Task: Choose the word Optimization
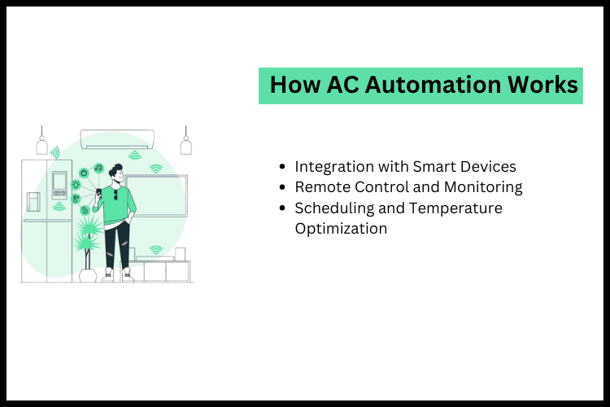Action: coord(341,229)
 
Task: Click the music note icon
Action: coord(98,168)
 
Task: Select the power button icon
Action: coord(84,173)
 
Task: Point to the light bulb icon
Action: coord(76,184)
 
